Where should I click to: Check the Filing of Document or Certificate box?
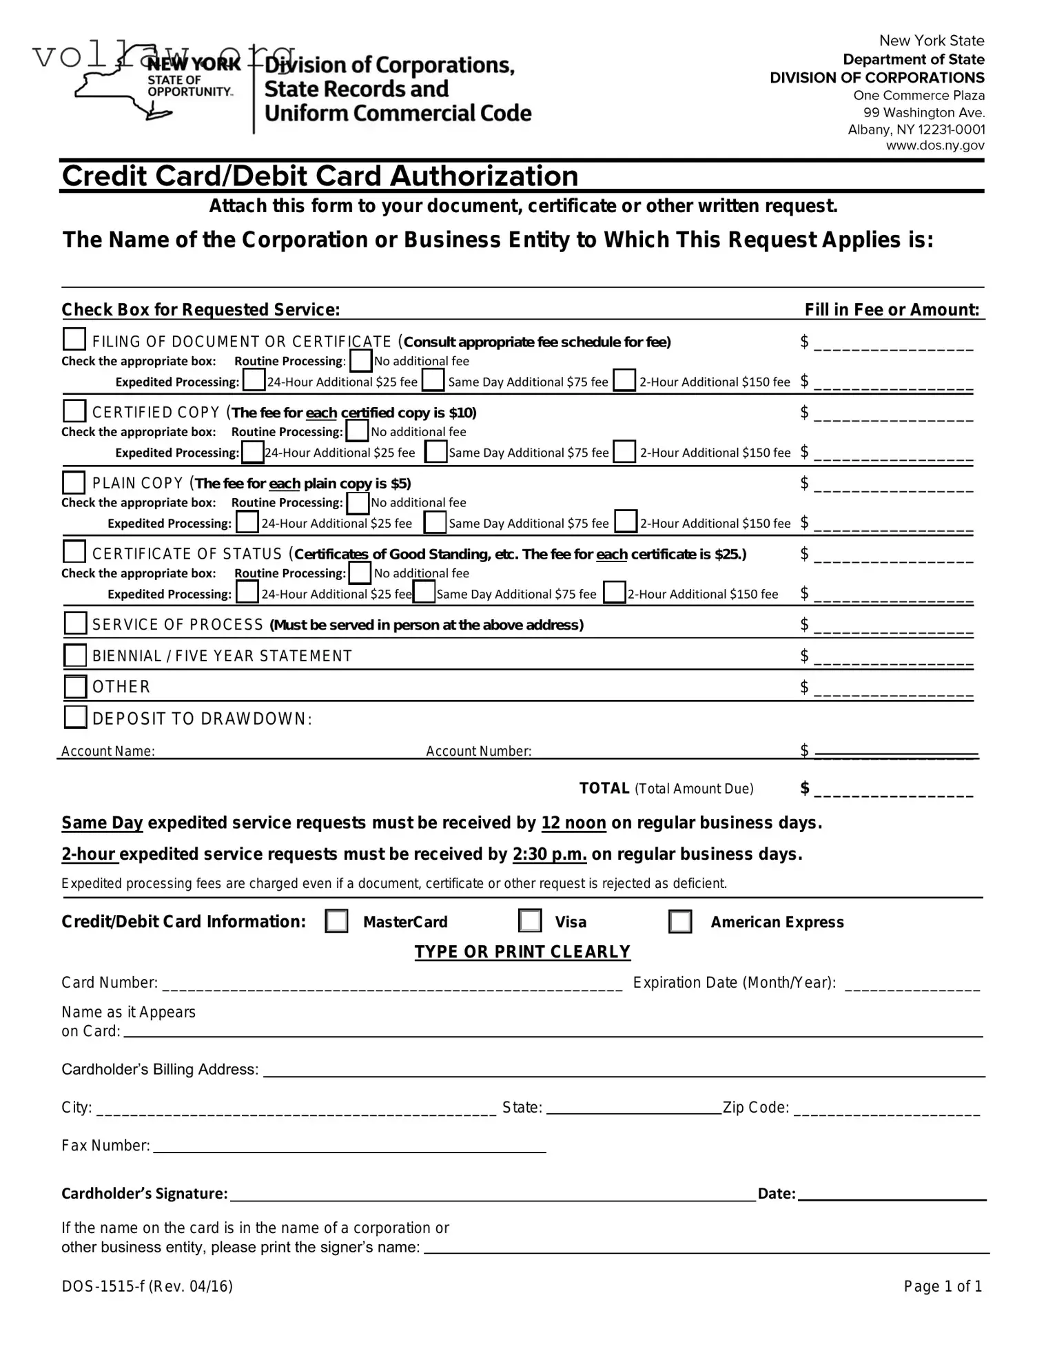pos(74,340)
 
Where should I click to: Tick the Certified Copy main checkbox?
pos(74,411)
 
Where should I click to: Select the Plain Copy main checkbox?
pos(74,482)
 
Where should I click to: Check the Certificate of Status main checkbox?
pos(74,552)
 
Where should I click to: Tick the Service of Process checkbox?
pos(75,623)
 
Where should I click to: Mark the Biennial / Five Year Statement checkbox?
pos(75,655)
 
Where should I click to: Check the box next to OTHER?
pos(75,686)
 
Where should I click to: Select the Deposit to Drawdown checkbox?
pos(75,717)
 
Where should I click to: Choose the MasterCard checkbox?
pos(336,921)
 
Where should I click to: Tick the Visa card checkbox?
pos(530,921)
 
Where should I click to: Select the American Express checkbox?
pos(680,921)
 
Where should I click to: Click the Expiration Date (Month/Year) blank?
pos(912,984)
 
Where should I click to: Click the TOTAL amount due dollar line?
pos(893,790)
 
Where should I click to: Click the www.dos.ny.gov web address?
pos(934,146)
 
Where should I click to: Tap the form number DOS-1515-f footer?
pos(147,1286)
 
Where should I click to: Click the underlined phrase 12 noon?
pos(573,823)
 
